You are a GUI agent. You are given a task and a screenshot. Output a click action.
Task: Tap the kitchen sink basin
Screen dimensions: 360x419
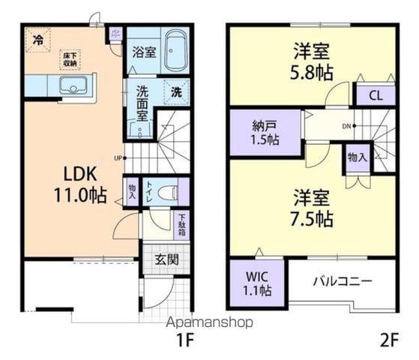click(x=73, y=88)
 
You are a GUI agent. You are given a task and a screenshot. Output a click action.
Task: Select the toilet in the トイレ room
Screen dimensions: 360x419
click(x=169, y=193)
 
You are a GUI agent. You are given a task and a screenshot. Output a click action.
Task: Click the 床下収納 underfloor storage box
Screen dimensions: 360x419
click(x=70, y=59)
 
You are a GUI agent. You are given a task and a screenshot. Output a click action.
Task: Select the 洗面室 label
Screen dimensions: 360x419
click(x=143, y=101)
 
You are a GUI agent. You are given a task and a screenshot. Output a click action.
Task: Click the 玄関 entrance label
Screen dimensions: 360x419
click(x=166, y=259)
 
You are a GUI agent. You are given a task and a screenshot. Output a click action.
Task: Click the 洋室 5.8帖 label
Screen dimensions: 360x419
click(x=312, y=61)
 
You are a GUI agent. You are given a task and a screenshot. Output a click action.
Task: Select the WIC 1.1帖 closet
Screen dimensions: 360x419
click(x=256, y=283)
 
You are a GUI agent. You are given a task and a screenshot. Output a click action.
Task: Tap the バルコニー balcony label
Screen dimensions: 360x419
click(x=342, y=282)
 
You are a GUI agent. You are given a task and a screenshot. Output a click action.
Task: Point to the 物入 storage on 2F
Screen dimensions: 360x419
click(x=357, y=157)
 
